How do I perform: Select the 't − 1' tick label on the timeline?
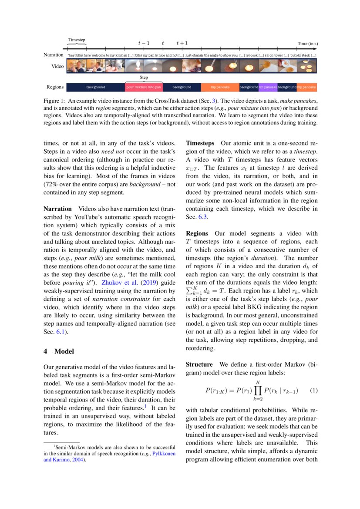[x=144, y=43]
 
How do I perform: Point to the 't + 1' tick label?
[x=182, y=43]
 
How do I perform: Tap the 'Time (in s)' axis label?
[x=307, y=44]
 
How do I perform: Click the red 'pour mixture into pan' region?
[x=144, y=87]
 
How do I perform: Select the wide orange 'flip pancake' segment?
[x=220, y=87]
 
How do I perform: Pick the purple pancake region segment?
[x=268, y=87]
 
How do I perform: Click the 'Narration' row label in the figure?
[x=54, y=55]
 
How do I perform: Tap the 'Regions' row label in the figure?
[x=55, y=87]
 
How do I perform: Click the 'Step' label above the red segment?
[x=144, y=77]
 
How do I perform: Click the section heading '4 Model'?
[x=58, y=351]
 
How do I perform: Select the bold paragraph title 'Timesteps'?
[x=200, y=143]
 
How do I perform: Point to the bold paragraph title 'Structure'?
[x=199, y=364]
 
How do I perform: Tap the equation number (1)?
[x=314, y=391]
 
